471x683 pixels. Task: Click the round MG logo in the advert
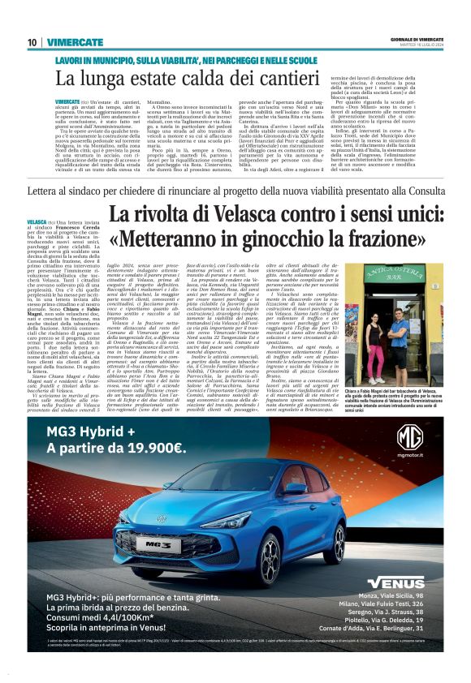(x=409, y=437)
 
